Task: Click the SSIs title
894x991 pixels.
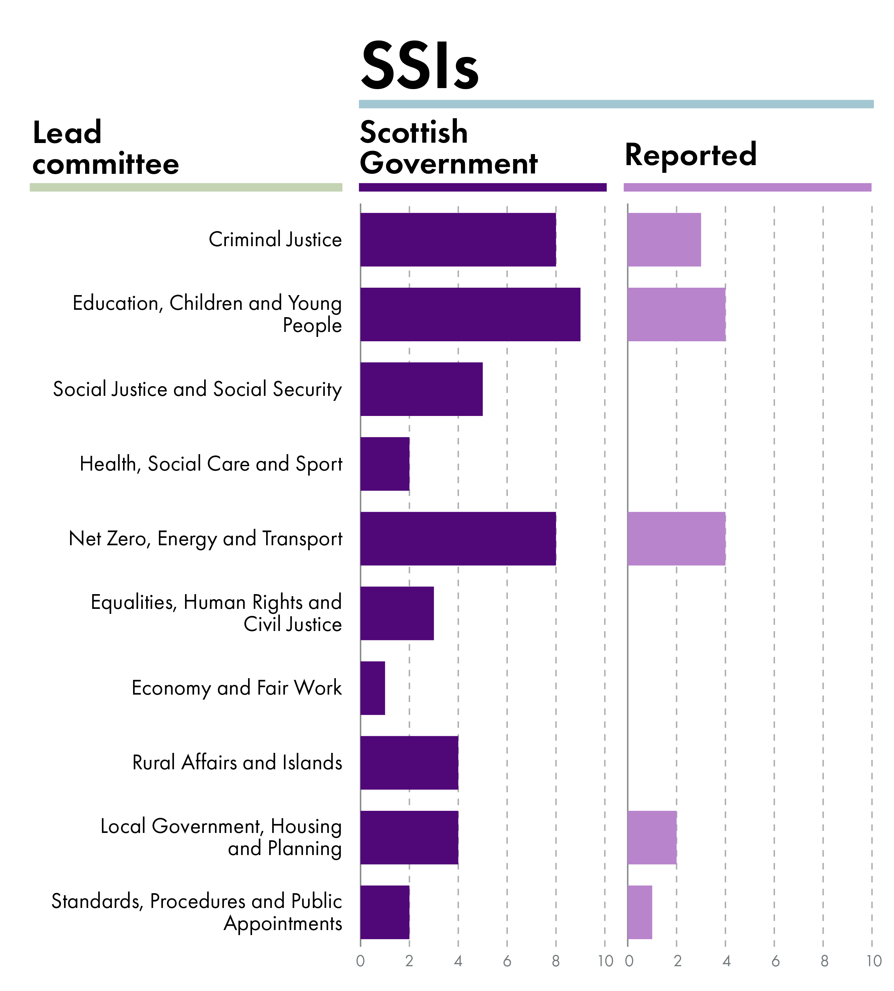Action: click(x=419, y=66)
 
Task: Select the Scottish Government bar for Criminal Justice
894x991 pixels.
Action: click(x=458, y=239)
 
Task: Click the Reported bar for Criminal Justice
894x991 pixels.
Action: click(x=664, y=239)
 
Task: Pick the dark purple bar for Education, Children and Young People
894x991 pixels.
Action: click(x=470, y=314)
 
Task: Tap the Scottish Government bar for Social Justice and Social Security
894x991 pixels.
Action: click(x=421, y=389)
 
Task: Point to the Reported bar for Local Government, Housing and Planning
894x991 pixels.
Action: click(x=652, y=837)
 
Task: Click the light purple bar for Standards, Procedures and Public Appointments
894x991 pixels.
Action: click(x=640, y=912)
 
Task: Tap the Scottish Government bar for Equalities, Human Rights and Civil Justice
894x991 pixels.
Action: click(x=397, y=613)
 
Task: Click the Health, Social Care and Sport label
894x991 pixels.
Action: click(x=211, y=464)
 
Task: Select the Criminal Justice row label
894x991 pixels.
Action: click(x=275, y=239)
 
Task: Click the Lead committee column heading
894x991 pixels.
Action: click(x=106, y=148)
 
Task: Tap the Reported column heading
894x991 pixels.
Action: click(x=690, y=155)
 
